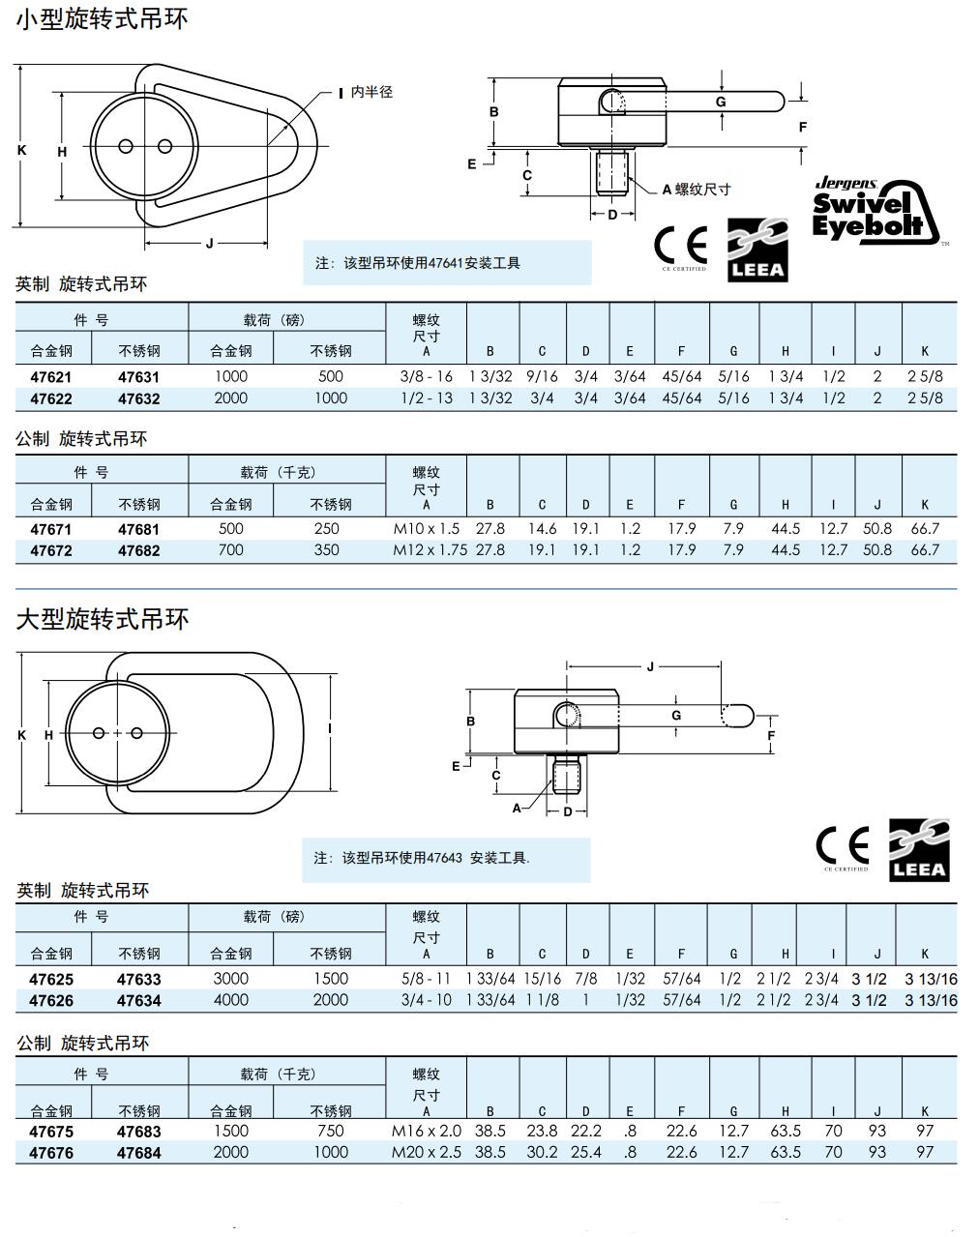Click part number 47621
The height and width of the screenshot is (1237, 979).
pyautogui.click(x=51, y=377)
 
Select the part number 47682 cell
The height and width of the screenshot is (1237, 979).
pyautogui.click(x=139, y=550)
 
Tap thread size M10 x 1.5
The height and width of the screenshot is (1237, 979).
pyautogui.click(x=426, y=529)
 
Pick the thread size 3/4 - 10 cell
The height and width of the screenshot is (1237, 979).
pyautogui.click(x=426, y=1000)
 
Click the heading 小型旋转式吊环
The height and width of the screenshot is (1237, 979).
pyautogui.click(x=102, y=18)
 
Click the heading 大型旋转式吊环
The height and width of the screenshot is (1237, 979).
pyautogui.click(x=102, y=619)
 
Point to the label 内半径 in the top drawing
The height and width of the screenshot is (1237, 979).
pyautogui.click(x=371, y=93)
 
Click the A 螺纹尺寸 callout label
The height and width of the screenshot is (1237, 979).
pyautogui.click(x=697, y=190)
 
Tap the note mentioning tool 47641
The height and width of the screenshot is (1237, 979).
pyautogui.click(x=418, y=263)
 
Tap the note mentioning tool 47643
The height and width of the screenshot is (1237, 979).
pyautogui.click(x=422, y=858)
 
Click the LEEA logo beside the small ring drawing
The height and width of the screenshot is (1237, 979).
pyautogui.click(x=757, y=250)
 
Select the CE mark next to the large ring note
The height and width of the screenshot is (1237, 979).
pyautogui.click(x=843, y=847)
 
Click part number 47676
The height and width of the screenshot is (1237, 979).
pyautogui.click(x=51, y=1153)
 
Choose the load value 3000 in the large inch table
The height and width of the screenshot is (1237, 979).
pyautogui.click(x=230, y=979)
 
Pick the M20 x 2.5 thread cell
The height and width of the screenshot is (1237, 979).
pyautogui.click(x=426, y=1153)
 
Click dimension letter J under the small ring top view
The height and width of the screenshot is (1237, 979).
pyautogui.click(x=209, y=243)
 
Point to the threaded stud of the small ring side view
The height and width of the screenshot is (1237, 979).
pyautogui.click(x=612, y=172)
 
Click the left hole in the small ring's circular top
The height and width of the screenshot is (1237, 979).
pyautogui.click(x=126, y=146)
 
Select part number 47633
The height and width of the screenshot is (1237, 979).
pyautogui.click(x=139, y=979)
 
